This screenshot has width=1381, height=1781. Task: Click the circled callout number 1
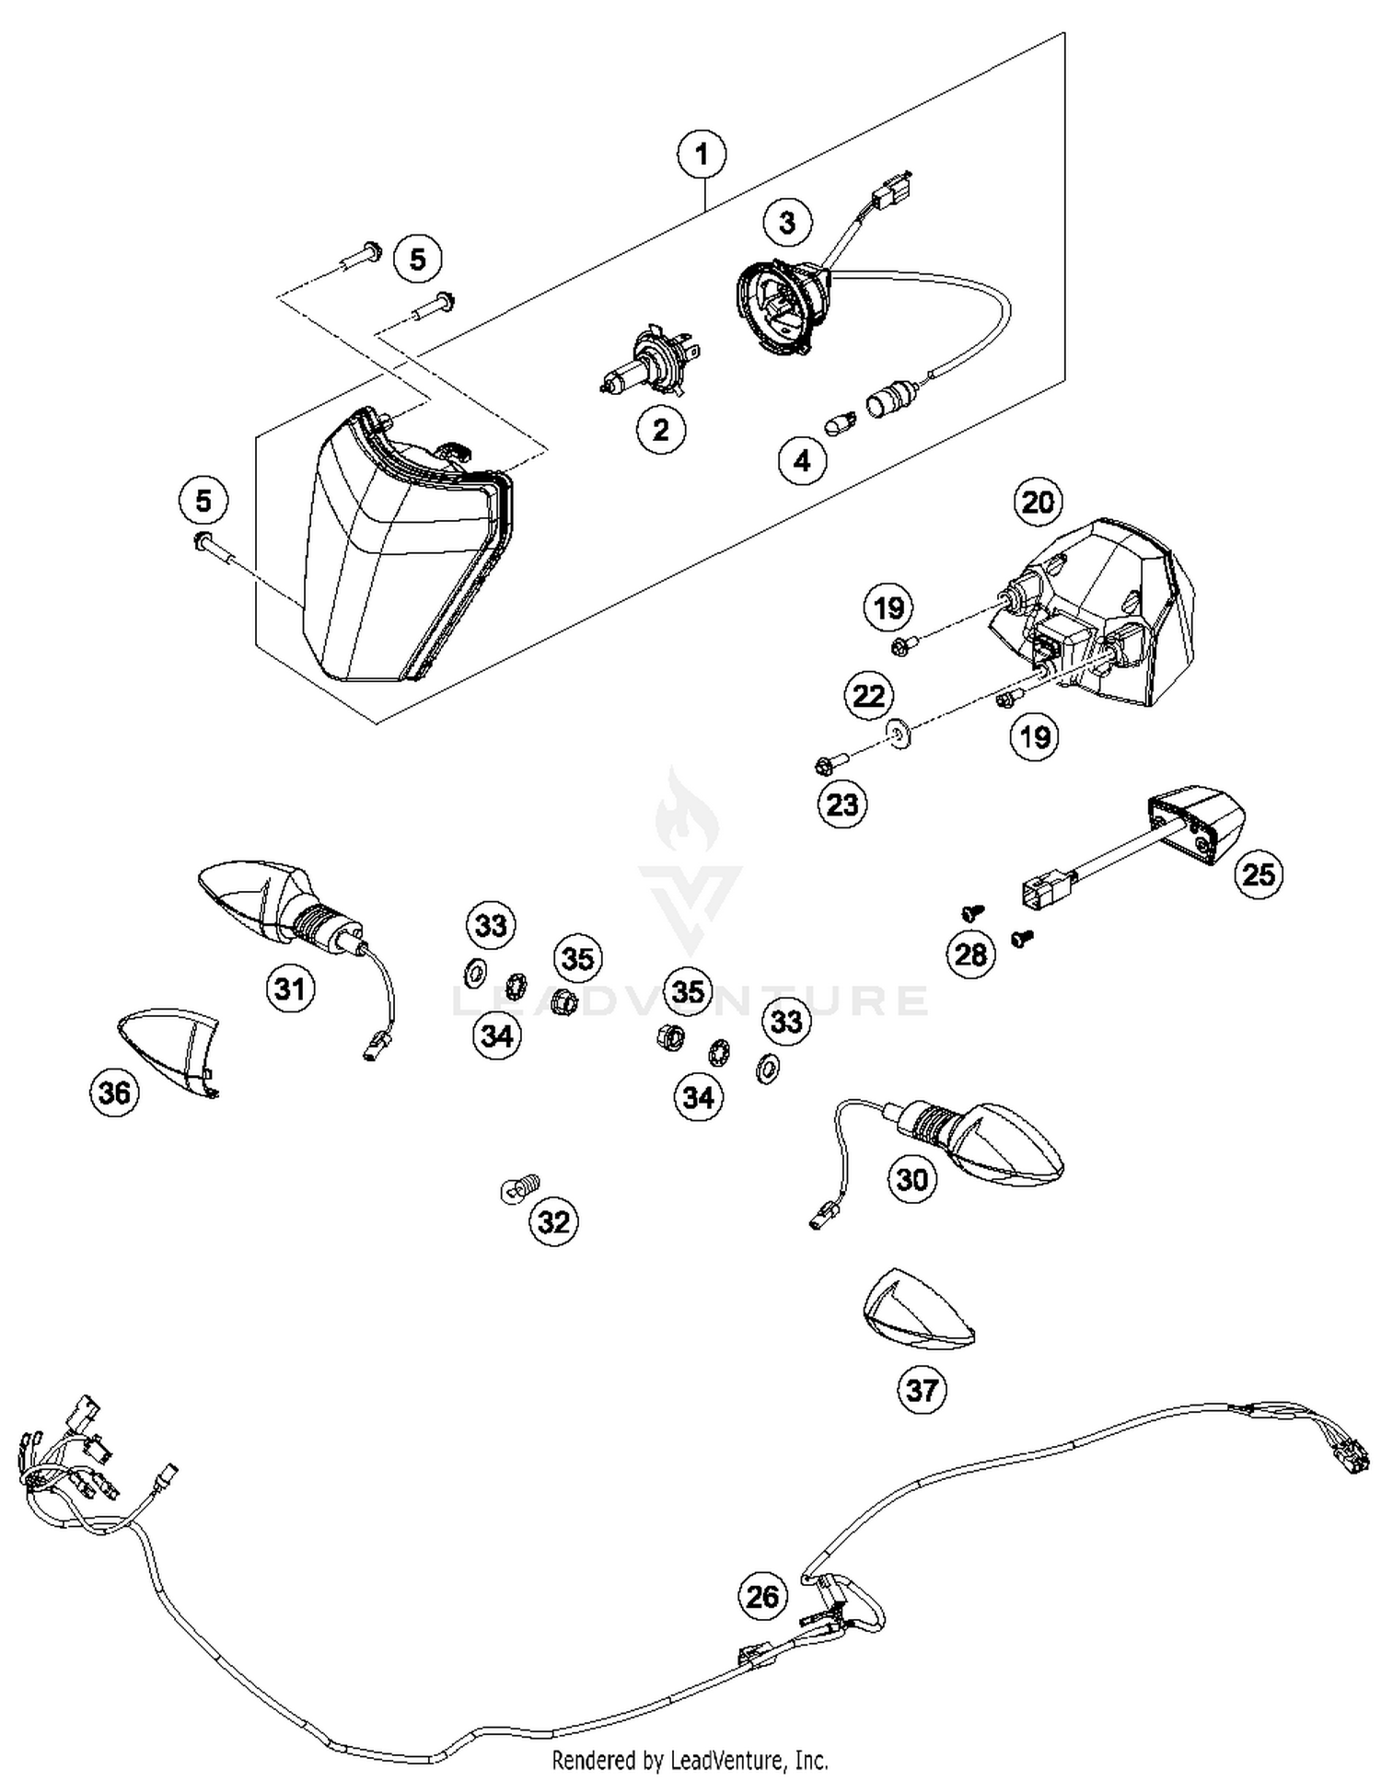point(702,154)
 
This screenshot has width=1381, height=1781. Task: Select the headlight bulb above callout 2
point(643,364)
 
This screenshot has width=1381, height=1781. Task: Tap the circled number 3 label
point(787,222)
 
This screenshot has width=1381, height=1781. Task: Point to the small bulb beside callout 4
point(839,426)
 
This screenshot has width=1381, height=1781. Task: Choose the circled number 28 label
point(970,954)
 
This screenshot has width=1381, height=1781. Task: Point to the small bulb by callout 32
point(521,1188)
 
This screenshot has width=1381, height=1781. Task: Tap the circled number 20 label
point(1038,503)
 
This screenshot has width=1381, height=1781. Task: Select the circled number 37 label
point(922,1389)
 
